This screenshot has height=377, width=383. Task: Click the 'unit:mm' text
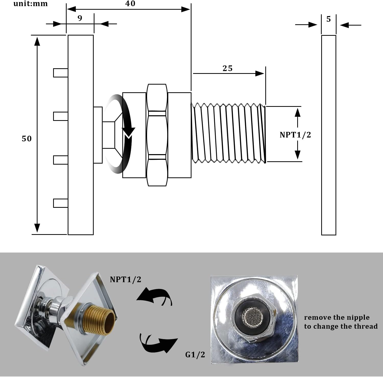click(x=30, y=4)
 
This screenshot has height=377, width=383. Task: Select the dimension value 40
click(x=130, y=4)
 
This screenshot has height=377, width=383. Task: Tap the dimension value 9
click(x=80, y=18)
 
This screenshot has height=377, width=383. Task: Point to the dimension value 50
click(x=27, y=139)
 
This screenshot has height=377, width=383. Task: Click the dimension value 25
click(x=227, y=68)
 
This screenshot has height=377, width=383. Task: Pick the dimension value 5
click(x=328, y=19)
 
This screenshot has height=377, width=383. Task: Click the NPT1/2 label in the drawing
click(x=295, y=135)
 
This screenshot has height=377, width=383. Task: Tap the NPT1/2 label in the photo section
click(x=125, y=279)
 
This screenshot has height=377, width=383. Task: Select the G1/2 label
click(x=195, y=355)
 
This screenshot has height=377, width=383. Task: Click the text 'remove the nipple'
click(x=337, y=317)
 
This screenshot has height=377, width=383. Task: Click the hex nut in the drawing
click(x=157, y=135)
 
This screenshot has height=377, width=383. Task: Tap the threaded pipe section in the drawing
click(x=228, y=133)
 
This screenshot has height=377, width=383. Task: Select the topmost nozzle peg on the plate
click(x=61, y=73)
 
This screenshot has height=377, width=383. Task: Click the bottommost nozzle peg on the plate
click(x=61, y=203)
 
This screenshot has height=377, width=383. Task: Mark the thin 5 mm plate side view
click(x=328, y=135)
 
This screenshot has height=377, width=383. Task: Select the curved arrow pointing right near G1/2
click(x=158, y=342)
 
